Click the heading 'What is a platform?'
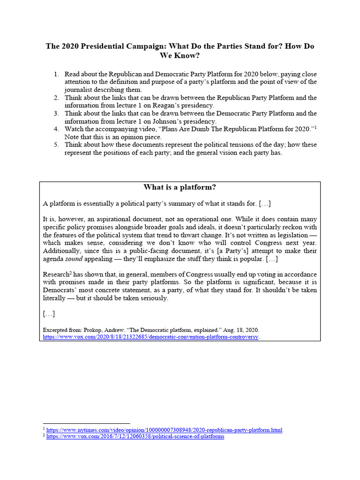click(x=180, y=187)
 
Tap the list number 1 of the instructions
click(x=56, y=74)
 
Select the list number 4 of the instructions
click(x=56, y=129)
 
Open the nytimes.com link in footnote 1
click(x=164, y=430)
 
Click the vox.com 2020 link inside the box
click(x=150, y=337)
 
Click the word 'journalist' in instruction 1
click(x=79, y=90)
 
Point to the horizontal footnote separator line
click(x=86, y=423)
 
